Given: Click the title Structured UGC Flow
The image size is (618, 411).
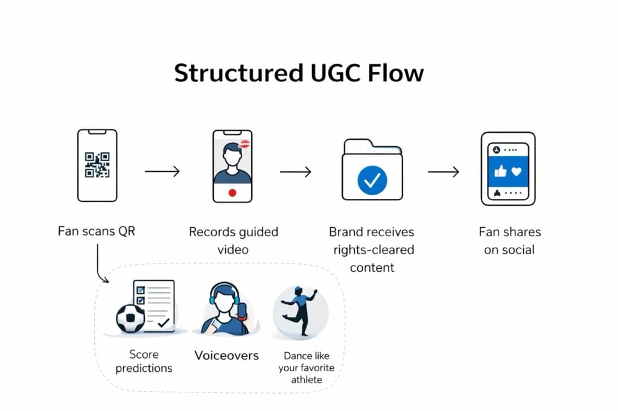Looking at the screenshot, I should pos(299,74).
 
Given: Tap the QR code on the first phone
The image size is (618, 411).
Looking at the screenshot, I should pos(97,165).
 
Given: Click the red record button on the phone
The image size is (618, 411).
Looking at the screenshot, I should pos(232,193).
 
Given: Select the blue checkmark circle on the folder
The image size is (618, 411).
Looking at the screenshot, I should pos(372,179).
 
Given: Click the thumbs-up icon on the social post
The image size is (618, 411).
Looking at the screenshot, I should pos(500,171).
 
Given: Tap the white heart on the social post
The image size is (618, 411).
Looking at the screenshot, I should pos(517,171).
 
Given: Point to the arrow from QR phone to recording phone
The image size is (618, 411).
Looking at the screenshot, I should pos(162,172).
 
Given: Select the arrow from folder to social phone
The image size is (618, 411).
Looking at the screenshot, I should pos(443,172).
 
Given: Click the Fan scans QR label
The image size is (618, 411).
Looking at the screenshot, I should pos(97,231).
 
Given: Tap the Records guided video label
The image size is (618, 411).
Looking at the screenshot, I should pos(234,240).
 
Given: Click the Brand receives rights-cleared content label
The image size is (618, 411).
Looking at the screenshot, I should pos(372,249).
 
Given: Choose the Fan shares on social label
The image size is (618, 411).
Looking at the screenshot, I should pos(509,240).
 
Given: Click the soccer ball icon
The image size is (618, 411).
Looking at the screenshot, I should pos(130,318).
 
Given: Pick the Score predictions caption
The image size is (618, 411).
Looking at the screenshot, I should pos(144,361).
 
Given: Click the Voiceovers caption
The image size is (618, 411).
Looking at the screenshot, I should pos(226,355).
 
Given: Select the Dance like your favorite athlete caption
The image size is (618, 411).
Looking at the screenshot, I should pos(306,368).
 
